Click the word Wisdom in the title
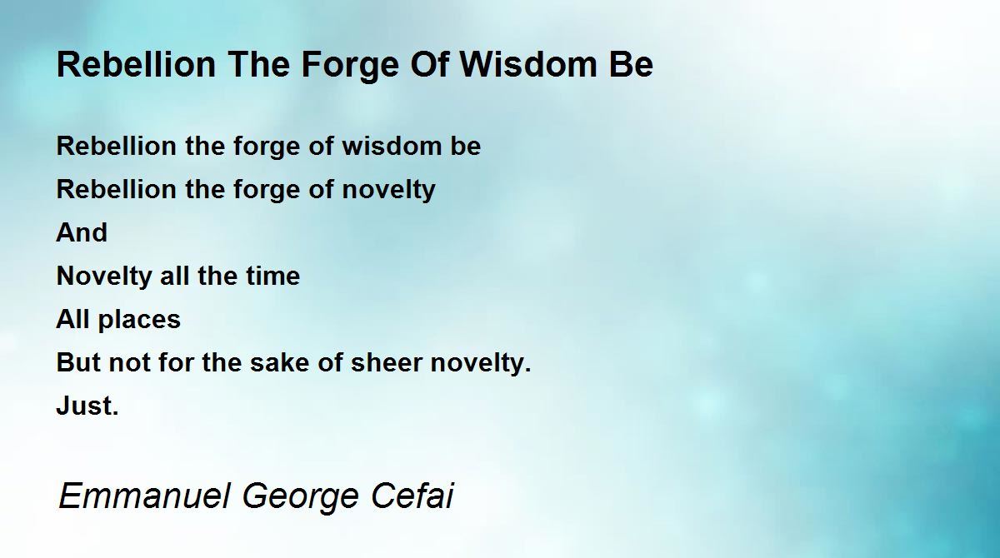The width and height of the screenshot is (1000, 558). pyautogui.click(x=528, y=65)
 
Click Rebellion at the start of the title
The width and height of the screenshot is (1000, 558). pyautogui.click(x=136, y=65)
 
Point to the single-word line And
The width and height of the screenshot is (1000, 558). pyautogui.click(x=82, y=232)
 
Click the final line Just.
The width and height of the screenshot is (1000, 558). pyautogui.click(x=87, y=406)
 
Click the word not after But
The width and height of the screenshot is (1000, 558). pyautogui.click(x=129, y=362)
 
